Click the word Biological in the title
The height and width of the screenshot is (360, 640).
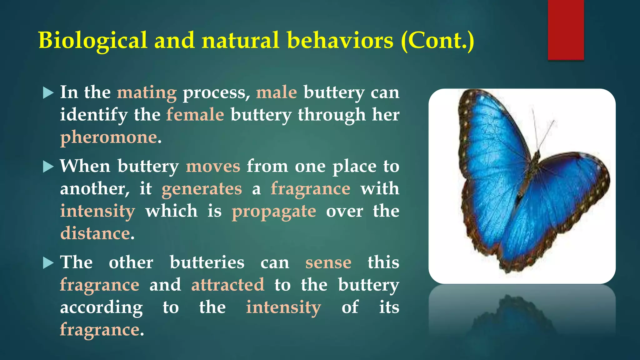(x=92, y=41)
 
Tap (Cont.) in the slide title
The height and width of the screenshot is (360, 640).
(x=437, y=41)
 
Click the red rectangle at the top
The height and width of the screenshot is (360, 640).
(x=566, y=30)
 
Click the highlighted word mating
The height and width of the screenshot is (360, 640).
(x=147, y=93)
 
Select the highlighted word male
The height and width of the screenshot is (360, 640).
(x=276, y=93)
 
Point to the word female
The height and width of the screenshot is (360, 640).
(x=195, y=115)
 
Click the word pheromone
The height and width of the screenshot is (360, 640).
(x=108, y=137)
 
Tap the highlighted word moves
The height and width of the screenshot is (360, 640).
(x=213, y=166)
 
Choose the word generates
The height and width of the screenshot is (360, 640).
(x=202, y=189)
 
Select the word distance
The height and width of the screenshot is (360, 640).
(x=95, y=233)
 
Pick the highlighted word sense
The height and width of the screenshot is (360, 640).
(x=328, y=262)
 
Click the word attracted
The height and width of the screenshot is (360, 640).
(x=227, y=285)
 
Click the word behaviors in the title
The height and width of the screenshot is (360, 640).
(x=340, y=41)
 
